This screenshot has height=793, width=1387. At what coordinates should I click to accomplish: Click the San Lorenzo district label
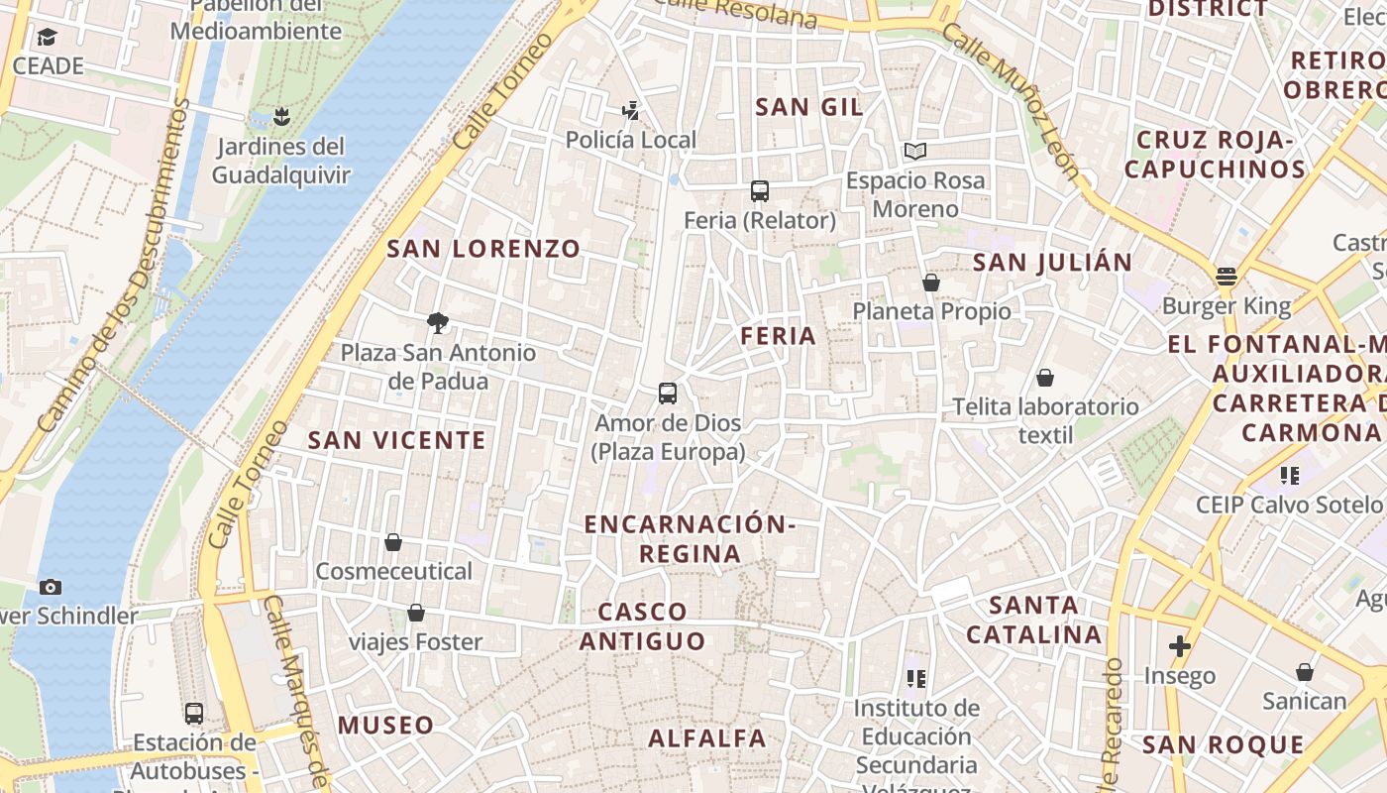coord(483,249)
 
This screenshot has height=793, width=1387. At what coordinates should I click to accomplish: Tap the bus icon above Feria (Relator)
coord(760,191)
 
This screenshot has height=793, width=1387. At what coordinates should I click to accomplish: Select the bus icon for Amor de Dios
coord(668,394)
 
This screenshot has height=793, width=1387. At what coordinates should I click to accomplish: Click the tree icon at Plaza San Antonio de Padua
coord(437,322)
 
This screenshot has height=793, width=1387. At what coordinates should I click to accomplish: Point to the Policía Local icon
coord(630,110)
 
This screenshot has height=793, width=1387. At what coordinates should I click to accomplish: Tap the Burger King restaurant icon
coord(1227,277)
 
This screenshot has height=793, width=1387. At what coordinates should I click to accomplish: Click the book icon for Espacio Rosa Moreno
coord(914,152)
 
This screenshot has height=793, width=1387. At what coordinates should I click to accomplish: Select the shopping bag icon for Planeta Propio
coord(931,283)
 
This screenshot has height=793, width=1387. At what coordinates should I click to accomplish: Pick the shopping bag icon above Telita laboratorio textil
coord(1045,378)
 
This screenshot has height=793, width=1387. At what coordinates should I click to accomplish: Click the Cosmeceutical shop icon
coord(393,542)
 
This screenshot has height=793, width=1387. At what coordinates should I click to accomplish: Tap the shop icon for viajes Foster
coord(416,613)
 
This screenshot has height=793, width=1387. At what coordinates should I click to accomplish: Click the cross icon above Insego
coord(1179,647)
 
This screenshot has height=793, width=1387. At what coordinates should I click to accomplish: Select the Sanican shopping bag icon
coord(1305,672)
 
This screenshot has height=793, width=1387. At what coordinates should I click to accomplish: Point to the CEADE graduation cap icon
coord(47,38)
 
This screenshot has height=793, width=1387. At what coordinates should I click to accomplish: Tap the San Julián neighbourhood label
coord(1052,263)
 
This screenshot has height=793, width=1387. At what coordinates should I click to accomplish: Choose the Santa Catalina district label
coord(1034,620)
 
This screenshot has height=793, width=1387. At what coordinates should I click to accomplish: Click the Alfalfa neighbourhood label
coord(707,738)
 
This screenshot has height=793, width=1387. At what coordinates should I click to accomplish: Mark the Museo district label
coord(386,726)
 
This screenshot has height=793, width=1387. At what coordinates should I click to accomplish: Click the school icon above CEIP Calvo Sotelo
coord(1289,476)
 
